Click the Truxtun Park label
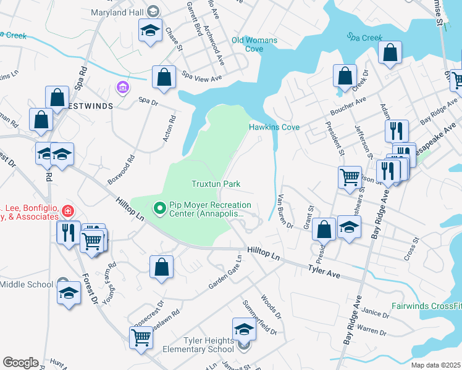point(216,184)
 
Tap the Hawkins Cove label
point(274,127)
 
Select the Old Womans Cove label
point(254,44)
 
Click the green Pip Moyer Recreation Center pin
point(159,209)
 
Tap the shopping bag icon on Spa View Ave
point(164,78)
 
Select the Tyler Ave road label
point(325,269)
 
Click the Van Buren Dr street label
point(285,211)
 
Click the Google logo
point(20,363)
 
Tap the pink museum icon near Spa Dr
point(122,86)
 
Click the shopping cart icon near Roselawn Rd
point(141,337)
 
